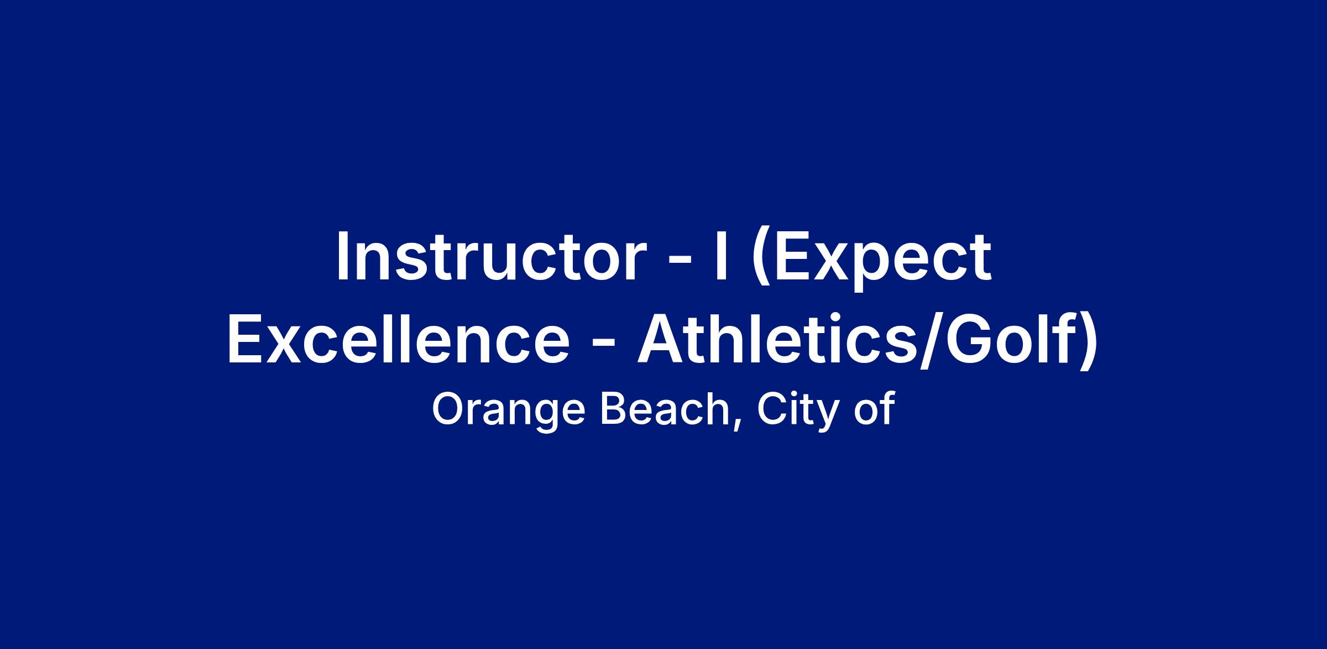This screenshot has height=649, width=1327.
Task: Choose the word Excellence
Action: click(x=398, y=339)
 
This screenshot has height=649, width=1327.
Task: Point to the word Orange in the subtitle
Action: click(x=508, y=411)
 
